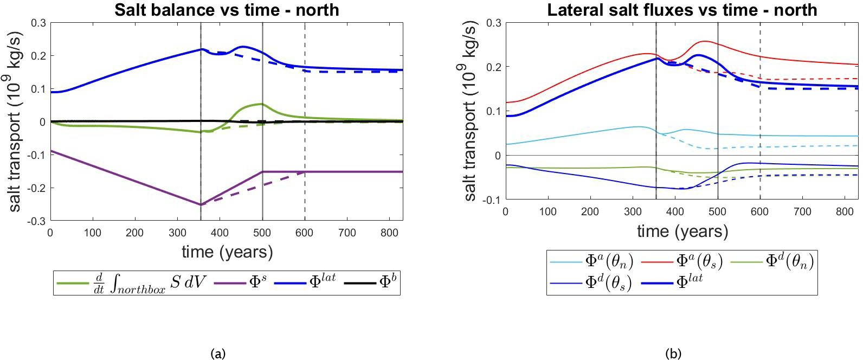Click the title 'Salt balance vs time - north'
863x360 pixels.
coord(227,10)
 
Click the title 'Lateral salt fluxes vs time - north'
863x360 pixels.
coord(682,10)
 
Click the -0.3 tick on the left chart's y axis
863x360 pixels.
coord(37,221)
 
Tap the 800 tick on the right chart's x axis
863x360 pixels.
coord(844,212)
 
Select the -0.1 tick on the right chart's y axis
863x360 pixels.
coord(493,200)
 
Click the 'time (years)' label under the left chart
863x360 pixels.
coord(227,252)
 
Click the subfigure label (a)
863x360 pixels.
coord(217,353)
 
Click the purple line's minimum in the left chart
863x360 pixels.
coord(201,204)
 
